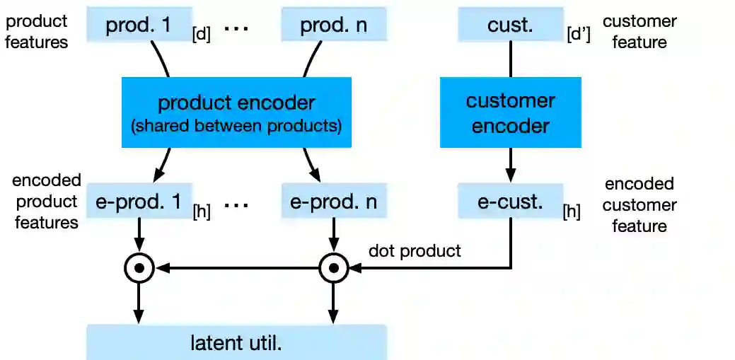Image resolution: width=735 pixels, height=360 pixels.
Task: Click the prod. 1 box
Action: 139,25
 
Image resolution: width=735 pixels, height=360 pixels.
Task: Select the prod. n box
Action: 333,25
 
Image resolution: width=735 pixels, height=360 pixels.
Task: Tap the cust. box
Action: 510,25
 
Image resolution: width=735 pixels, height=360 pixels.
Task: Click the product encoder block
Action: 236,112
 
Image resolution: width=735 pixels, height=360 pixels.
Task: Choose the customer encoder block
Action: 510,112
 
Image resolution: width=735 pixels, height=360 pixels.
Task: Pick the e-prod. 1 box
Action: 139,202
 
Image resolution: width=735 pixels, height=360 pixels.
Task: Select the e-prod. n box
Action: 333,202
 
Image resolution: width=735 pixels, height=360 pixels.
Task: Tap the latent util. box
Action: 236,343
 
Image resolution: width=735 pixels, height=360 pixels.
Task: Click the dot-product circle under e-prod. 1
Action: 139,268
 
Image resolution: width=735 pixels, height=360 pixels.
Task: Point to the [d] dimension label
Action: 202,35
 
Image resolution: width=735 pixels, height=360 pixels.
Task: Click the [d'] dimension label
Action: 579,35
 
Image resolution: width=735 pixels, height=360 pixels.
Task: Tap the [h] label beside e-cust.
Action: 571,211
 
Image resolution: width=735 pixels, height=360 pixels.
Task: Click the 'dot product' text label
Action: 415,251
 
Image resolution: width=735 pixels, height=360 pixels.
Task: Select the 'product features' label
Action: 37,32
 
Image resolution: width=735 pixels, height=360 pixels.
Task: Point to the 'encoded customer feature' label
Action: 639,205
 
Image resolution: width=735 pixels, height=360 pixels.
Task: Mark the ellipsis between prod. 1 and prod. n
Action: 236,28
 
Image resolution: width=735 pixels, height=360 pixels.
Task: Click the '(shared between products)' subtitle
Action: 236,127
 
